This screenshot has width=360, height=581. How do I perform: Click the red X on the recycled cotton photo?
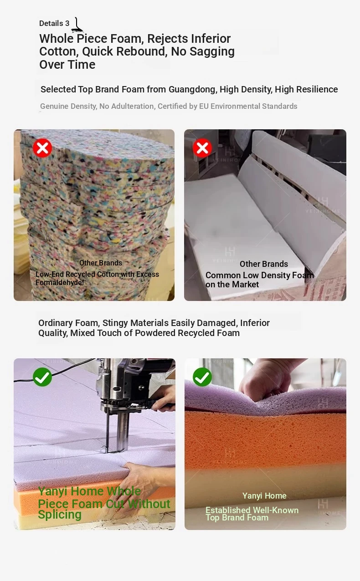click(x=42, y=148)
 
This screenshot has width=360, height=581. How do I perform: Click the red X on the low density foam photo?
click(x=202, y=148)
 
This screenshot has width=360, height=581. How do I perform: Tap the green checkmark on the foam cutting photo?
click(x=42, y=377)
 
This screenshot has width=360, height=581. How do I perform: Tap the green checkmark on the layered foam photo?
click(x=202, y=377)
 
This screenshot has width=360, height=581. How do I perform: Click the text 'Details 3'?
click(x=54, y=23)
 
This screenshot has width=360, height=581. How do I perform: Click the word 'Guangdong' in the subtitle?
click(x=193, y=89)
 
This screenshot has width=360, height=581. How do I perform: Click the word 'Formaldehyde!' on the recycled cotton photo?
click(x=60, y=282)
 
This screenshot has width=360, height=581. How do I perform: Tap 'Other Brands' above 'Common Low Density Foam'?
click(x=264, y=264)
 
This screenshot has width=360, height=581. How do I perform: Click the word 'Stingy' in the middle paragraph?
click(x=115, y=323)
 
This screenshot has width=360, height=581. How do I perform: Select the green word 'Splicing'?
click(x=60, y=515)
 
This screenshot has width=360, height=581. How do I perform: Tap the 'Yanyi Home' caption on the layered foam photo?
click(x=264, y=496)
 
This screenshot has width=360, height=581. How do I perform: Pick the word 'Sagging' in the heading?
click(x=212, y=52)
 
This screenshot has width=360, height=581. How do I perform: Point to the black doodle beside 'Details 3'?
click(x=77, y=25)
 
